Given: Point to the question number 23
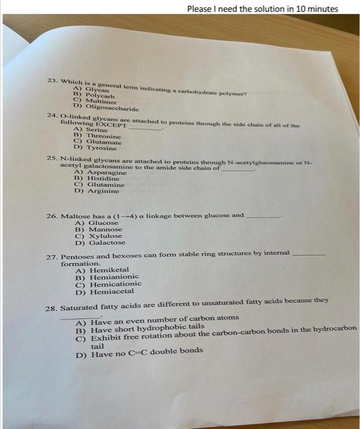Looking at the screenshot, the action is point(52,80).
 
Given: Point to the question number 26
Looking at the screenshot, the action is point(52,216).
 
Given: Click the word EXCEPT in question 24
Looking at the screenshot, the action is point(111,124).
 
